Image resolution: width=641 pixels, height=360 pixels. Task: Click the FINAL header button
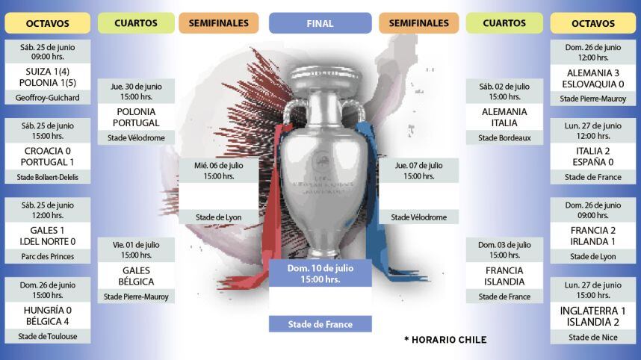tap(320, 23)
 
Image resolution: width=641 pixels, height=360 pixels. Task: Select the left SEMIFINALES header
tap(218, 23)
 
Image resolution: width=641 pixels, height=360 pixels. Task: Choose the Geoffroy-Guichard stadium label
tap(47, 97)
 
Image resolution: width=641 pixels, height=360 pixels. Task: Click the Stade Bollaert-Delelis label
tap(47, 177)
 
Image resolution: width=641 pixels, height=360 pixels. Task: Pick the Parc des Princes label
tap(47, 256)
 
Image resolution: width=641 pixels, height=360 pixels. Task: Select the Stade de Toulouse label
tap(47, 336)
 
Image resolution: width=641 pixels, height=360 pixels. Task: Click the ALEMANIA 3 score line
tap(593, 72)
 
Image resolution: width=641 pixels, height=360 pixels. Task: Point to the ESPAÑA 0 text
tap(593, 162)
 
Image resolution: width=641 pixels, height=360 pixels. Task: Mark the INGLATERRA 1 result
tap(593, 311)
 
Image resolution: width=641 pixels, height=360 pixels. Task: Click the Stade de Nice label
tap(593, 337)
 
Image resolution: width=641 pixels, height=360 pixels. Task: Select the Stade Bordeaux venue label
tap(504, 137)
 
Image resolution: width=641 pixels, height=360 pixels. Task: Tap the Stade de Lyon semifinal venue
tap(218, 217)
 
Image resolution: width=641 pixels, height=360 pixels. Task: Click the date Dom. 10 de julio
tap(320, 268)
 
